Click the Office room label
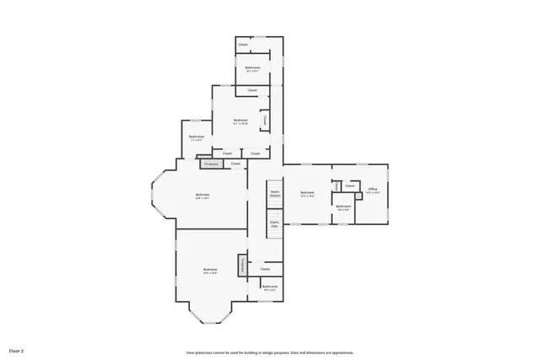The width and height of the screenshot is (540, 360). coord(373,190)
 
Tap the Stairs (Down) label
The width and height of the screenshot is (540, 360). coord(274,194)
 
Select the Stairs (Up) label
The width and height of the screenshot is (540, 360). coord(274,225)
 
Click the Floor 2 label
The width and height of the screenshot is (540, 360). coord(17,350)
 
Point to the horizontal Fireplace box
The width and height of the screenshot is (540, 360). coord(211,163)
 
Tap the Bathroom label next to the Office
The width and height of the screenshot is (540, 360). coord(343,207)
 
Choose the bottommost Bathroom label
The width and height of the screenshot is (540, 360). coord(269,287)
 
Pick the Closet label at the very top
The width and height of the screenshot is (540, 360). coord(243,44)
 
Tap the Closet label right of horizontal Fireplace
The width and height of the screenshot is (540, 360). coord(235,163)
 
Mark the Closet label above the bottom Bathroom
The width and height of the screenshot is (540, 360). coord(265,269)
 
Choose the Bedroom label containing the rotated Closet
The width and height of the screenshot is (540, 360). coord(240,121)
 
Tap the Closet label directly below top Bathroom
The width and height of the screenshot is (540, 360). coord(252,89)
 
